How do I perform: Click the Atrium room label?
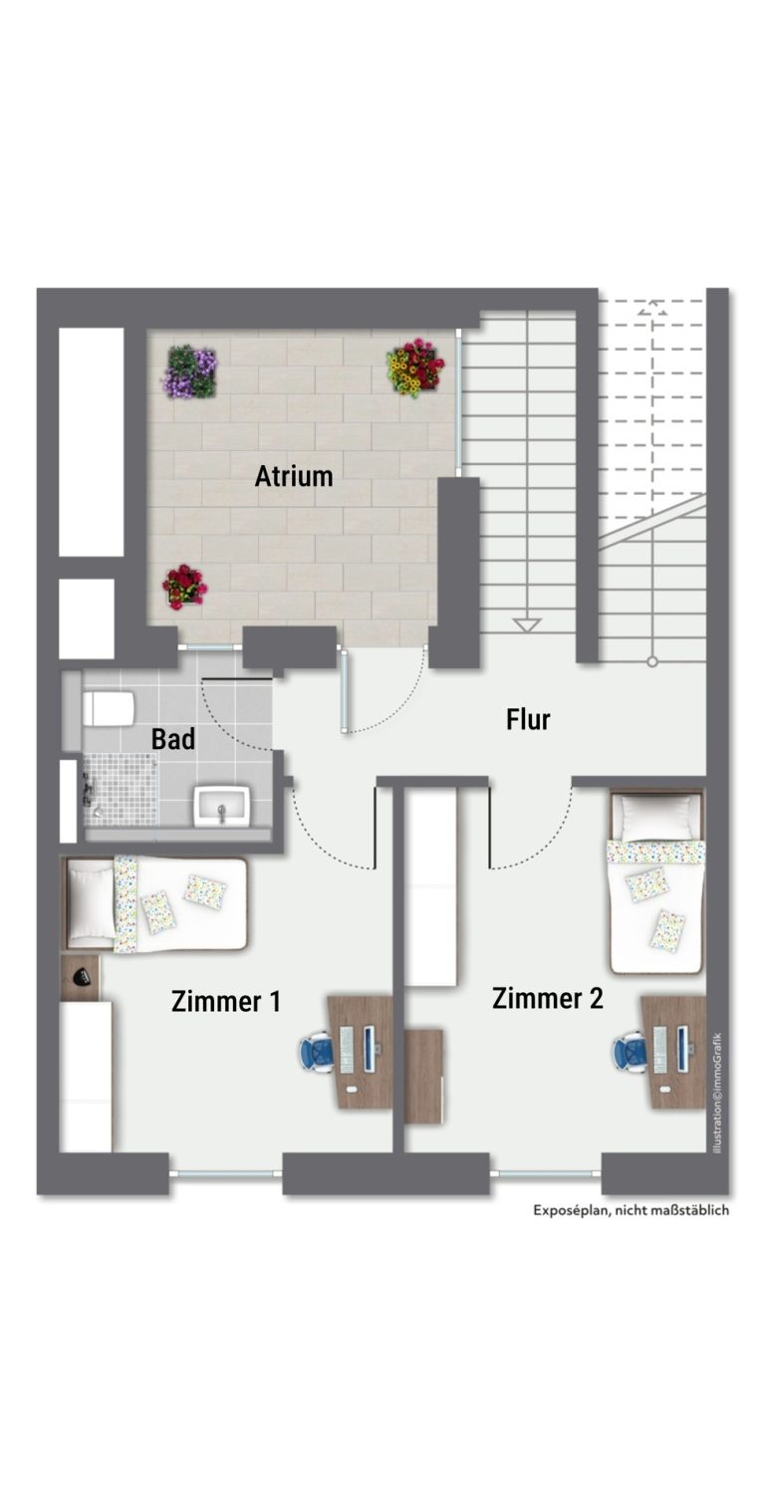pos(294,476)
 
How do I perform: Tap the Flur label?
pos(528,719)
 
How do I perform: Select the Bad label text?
pos(172,739)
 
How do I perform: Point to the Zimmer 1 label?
pos(226,1001)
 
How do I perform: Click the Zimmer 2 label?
pos(547,998)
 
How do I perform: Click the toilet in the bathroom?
pos(109,708)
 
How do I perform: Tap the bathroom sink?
pos(222,806)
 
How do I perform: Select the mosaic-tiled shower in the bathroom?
pos(121,789)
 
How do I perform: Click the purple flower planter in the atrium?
pos(190,372)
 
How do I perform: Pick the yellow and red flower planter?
pos(415,368)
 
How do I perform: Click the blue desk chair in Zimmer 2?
pos(630,1053)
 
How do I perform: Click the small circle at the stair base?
pos(651,662)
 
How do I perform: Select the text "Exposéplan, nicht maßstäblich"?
pos(631,1210)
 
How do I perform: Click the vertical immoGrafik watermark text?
pos(718,1093)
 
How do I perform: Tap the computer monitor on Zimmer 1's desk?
pos(371,1048)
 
